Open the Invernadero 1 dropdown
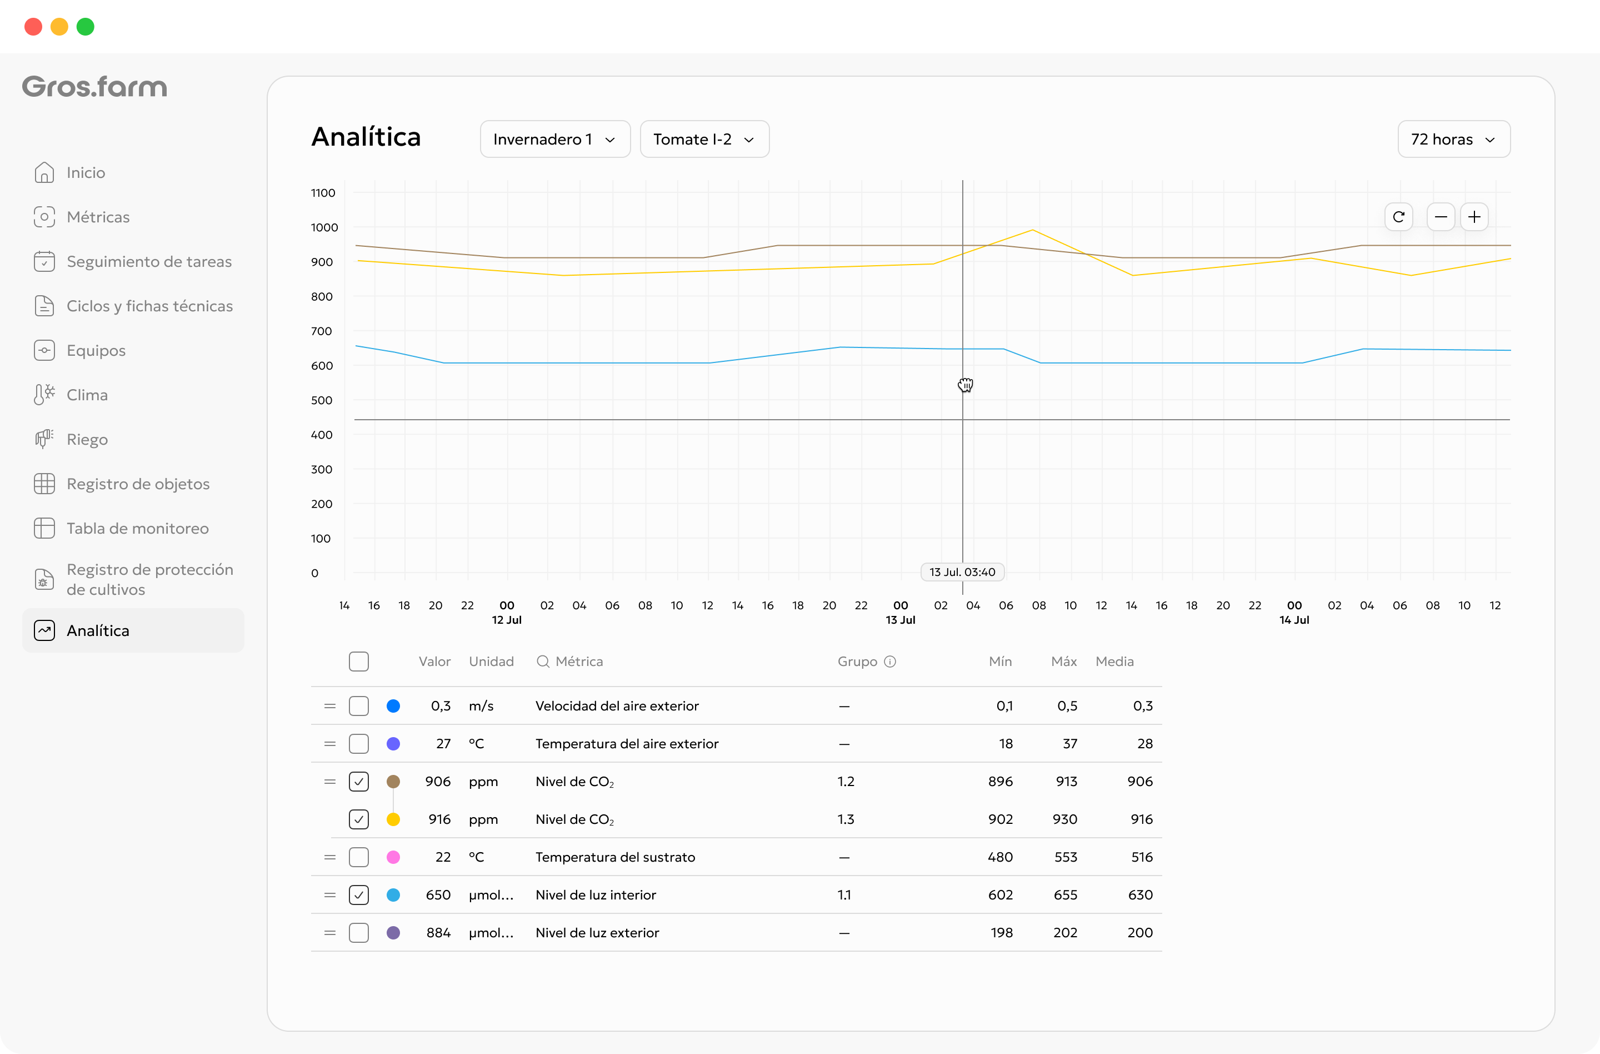click(x=554, y=139)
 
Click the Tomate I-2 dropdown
click(x=704, y=139)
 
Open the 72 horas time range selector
click(x=1453, y=139)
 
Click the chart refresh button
click(x=1398, y=217)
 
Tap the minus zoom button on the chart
click(x=1441, y=217)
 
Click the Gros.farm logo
click(x=95, y=87)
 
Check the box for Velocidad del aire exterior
click(x=359, y=705)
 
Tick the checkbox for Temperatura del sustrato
click(x=359, y=857)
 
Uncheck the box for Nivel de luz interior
click(x=359, y=894)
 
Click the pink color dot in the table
click(x=393, y=857)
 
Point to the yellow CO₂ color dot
click(x=393, y=819)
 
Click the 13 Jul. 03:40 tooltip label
click(x=962, y=571)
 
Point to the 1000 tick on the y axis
click(x=324, y=227)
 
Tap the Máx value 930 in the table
click(x=1065, y=819)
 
